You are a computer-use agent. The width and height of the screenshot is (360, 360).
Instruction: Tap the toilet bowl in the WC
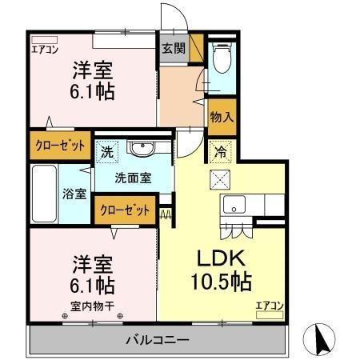point(221,58)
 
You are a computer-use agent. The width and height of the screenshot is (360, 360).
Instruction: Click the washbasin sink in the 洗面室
point(143,149)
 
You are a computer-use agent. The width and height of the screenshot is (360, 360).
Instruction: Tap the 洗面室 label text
point(132,178)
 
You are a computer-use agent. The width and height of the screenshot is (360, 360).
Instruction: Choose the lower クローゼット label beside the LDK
point(126,210)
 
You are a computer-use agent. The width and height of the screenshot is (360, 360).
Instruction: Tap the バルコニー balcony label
point(157,341)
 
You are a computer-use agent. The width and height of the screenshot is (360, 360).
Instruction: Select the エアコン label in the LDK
point(270,305)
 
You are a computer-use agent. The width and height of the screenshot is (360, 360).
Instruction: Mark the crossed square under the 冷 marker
point(218,178)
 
